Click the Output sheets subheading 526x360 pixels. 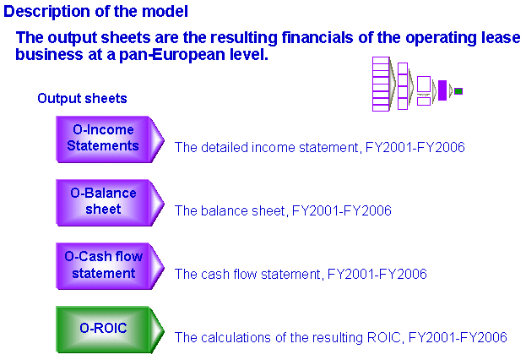pos(82,98)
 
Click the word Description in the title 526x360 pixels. pos(47,12)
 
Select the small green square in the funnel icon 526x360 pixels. pos(458,91)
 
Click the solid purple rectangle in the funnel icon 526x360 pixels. pos(442,90)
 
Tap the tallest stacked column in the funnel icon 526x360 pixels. pos(381,84)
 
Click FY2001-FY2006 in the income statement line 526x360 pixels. pos(415,147)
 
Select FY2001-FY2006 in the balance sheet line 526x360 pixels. pos(342,211)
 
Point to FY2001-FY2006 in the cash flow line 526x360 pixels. pos(377,274)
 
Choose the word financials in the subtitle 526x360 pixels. pos(317,37)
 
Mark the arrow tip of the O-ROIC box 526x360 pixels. pos(164,330)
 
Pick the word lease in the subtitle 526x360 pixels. pos(501,37)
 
